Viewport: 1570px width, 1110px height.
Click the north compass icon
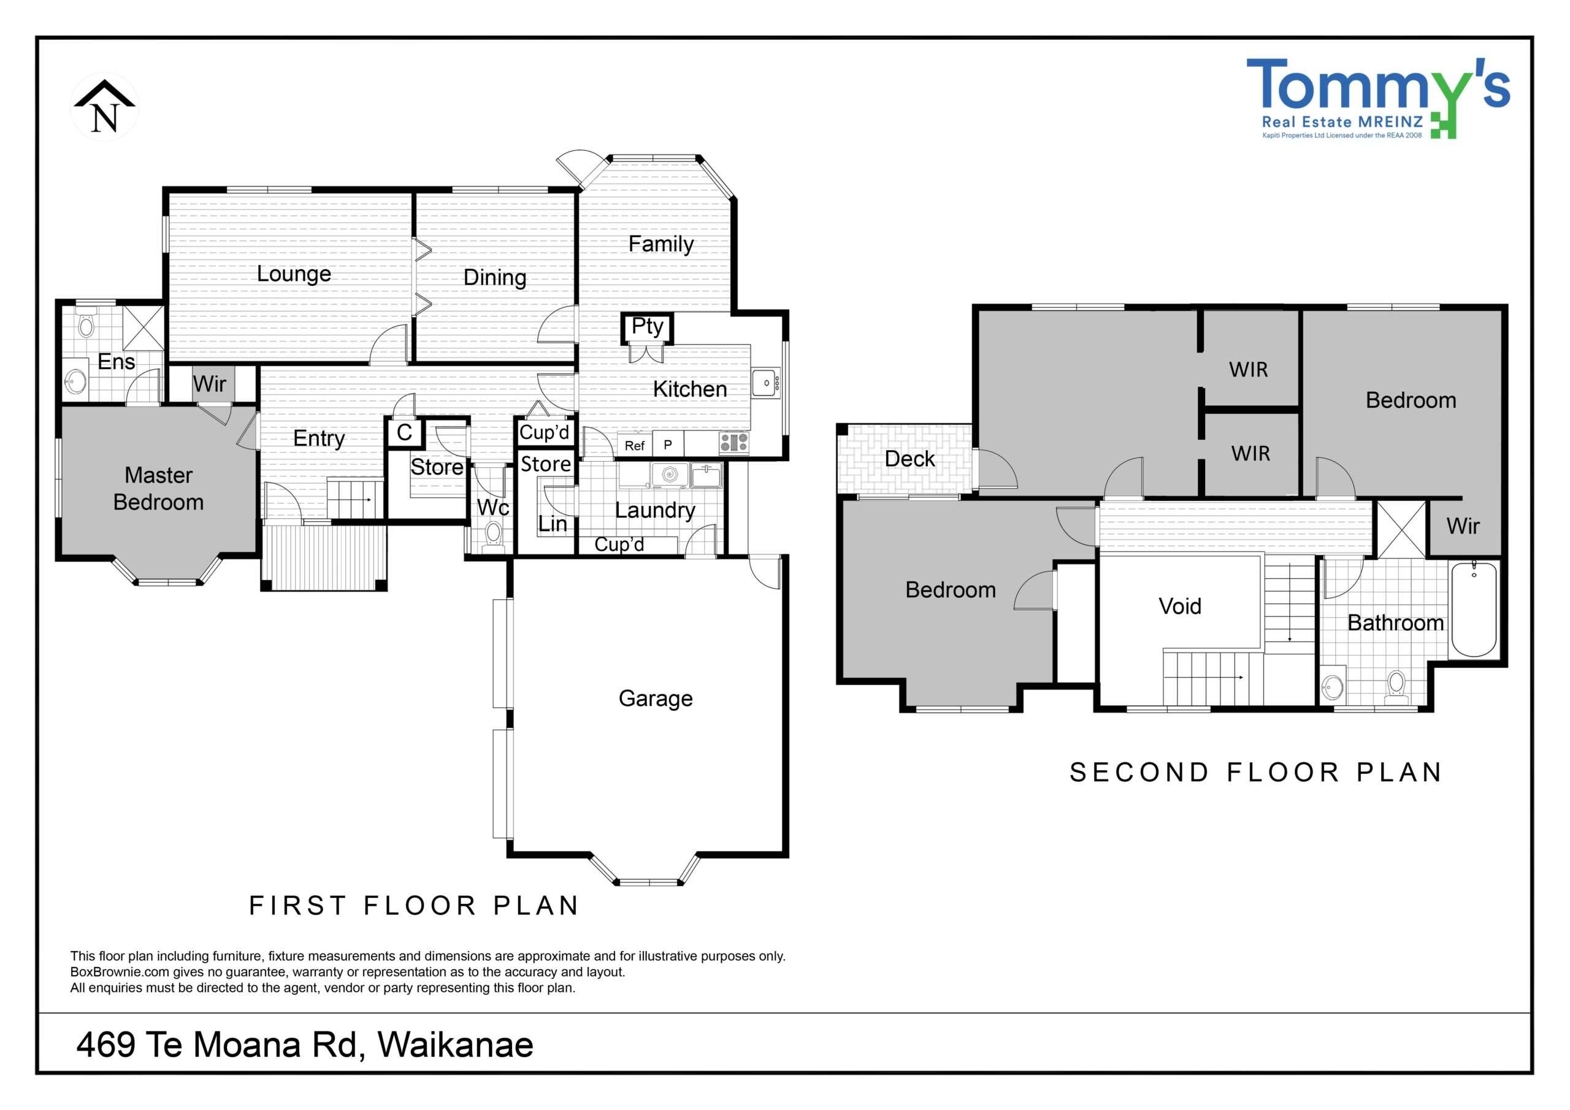105,107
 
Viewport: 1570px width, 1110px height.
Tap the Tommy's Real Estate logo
1378,98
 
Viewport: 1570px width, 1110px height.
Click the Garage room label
655,699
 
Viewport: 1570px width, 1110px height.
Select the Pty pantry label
647,326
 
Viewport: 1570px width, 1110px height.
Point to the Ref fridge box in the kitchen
635,445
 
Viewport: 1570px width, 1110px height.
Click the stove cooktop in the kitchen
733,443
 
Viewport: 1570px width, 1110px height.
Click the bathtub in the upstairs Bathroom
1474,609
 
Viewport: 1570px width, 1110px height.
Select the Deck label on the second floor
909,459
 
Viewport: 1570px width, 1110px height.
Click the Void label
1179,606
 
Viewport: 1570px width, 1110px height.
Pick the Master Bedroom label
159,488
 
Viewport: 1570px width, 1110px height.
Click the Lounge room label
294,274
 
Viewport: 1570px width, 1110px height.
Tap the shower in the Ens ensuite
143,327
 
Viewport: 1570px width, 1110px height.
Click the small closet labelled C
404,432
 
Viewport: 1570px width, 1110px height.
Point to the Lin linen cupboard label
553,524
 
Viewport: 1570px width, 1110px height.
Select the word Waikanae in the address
456,1045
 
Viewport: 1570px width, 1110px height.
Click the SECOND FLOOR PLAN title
1257,772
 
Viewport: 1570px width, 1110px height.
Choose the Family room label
661,244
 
